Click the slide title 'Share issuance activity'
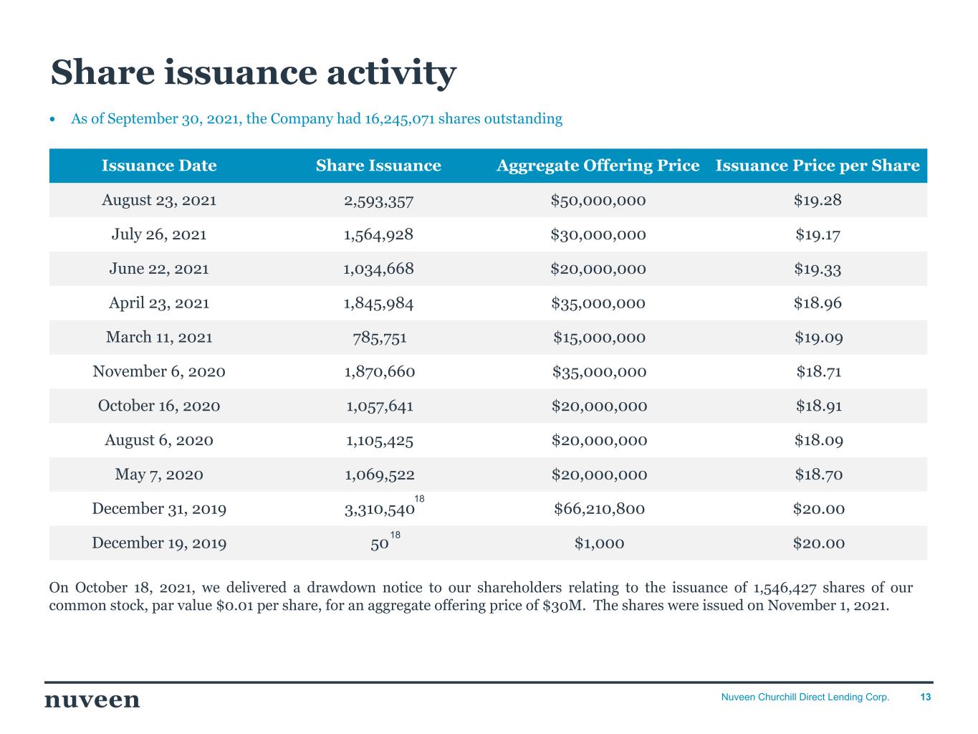[x=253, y=73]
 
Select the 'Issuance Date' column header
[x=159, y=166]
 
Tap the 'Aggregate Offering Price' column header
[x=598, y=166]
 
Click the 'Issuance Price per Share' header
[x=817, y=166]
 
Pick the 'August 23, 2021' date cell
[x=159, y=200]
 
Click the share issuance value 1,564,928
[x=378, y=234]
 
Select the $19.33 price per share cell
[x=818, y=269]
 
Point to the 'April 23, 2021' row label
[x=159, y=303]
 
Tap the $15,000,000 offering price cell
[x=599, y=338]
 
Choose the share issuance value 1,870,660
[x=379, y=372]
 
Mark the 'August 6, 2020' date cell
[x=159, y=440]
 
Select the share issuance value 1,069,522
[x=379, y=475]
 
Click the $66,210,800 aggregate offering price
[x=599, y=509]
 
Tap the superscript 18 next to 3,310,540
[x=420, y=498]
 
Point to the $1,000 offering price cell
[x=599, y=543]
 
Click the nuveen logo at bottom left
[x=92, y=700]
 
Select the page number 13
[x=926, y=697]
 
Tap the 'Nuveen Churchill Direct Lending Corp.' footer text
[x=805, y=697]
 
